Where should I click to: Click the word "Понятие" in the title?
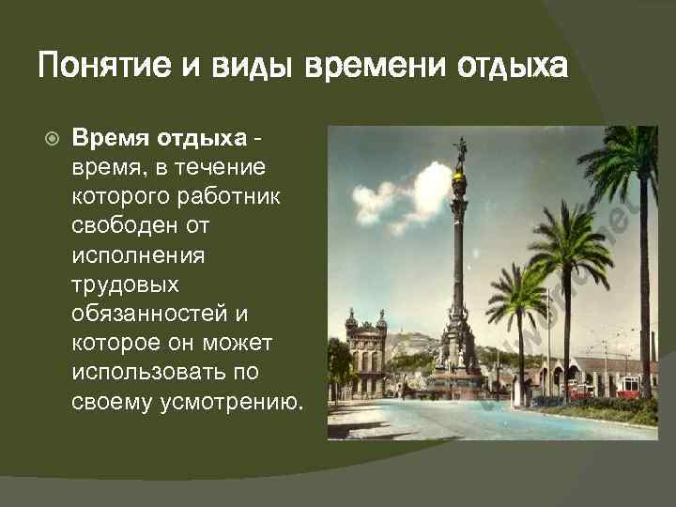[92, 68]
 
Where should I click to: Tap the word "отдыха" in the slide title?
[513, 68]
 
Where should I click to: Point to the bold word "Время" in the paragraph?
[105, 139]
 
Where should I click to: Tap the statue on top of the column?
[461, 151]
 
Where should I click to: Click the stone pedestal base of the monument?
[459, 371]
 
